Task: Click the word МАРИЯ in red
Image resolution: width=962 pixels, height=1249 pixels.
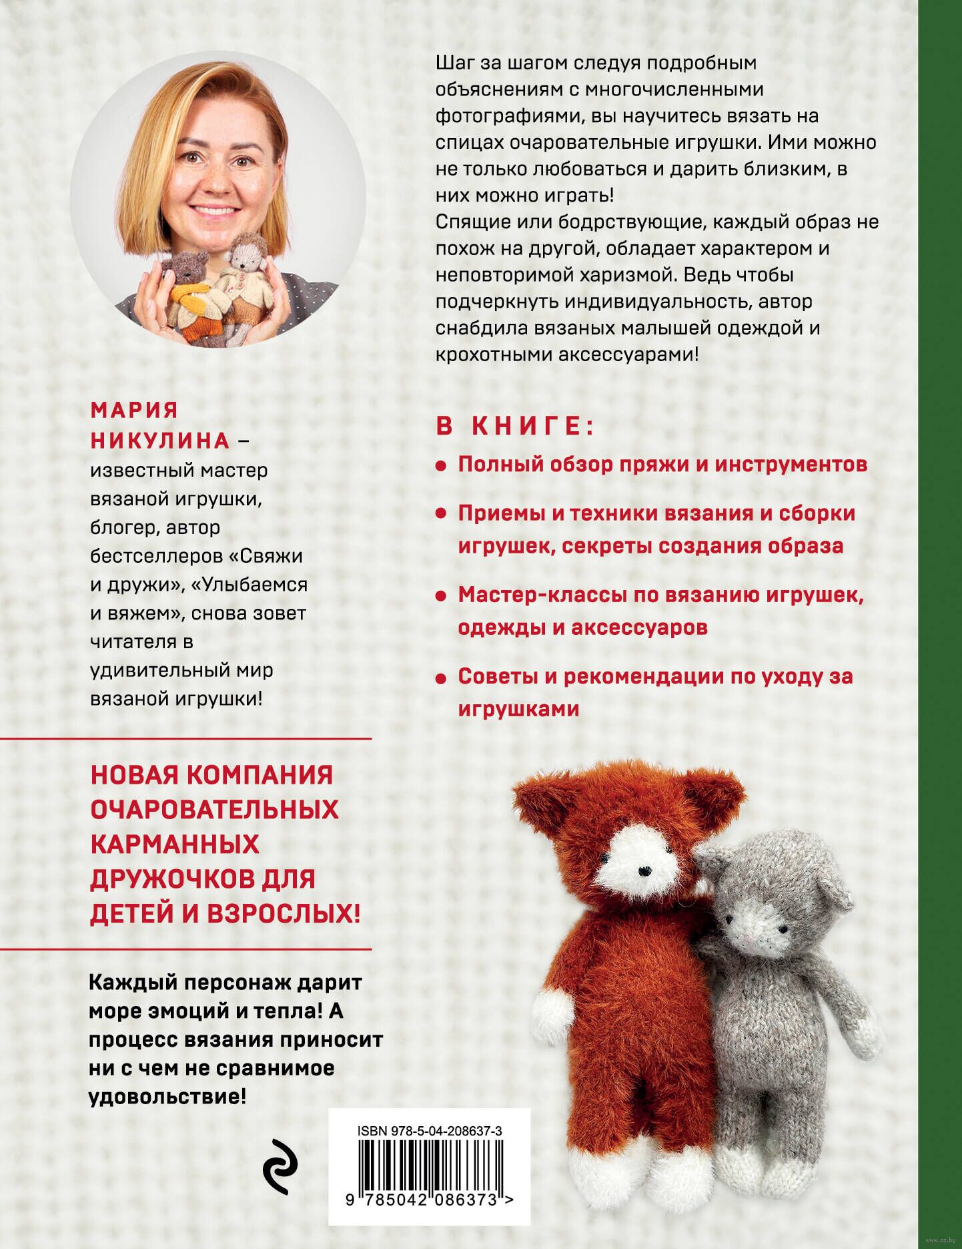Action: pyautogui.click(x=134, y=410)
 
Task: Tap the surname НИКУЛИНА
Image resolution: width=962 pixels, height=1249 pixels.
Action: pyautogui.click(x=160, y=441)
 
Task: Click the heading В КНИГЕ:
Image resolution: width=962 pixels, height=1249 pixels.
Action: pyautogui.click(x=514, y=427)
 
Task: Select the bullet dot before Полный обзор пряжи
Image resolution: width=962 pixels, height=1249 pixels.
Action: pyautogui.click(x=440, y=466)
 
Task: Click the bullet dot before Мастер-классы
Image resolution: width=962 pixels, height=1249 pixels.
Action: pyautogui.click(x=440, y=596)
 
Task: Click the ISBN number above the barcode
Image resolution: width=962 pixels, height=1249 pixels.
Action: pyautogui.click(x=430, y=1131)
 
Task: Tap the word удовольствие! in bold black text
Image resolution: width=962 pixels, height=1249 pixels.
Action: pyautogui.click(x=167, y=1096)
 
